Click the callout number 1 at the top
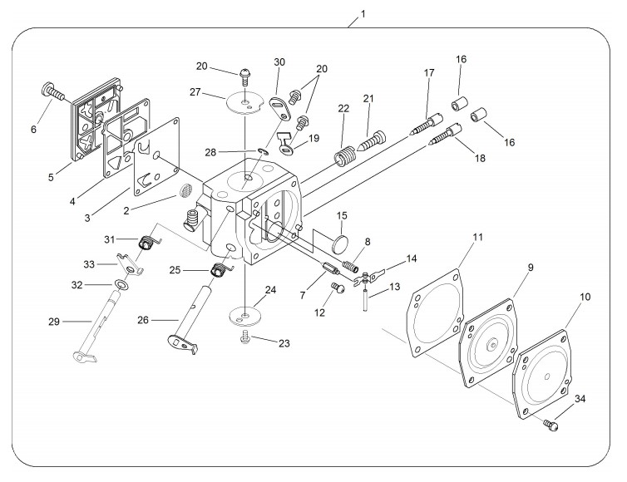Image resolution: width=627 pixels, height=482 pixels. pos(362,14)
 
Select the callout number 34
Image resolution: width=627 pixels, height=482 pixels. pos(579,401)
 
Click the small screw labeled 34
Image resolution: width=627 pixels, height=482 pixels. pos(550,425)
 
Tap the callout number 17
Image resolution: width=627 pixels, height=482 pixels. pos(429,73)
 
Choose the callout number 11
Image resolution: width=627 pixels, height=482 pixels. pos(478,239)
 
